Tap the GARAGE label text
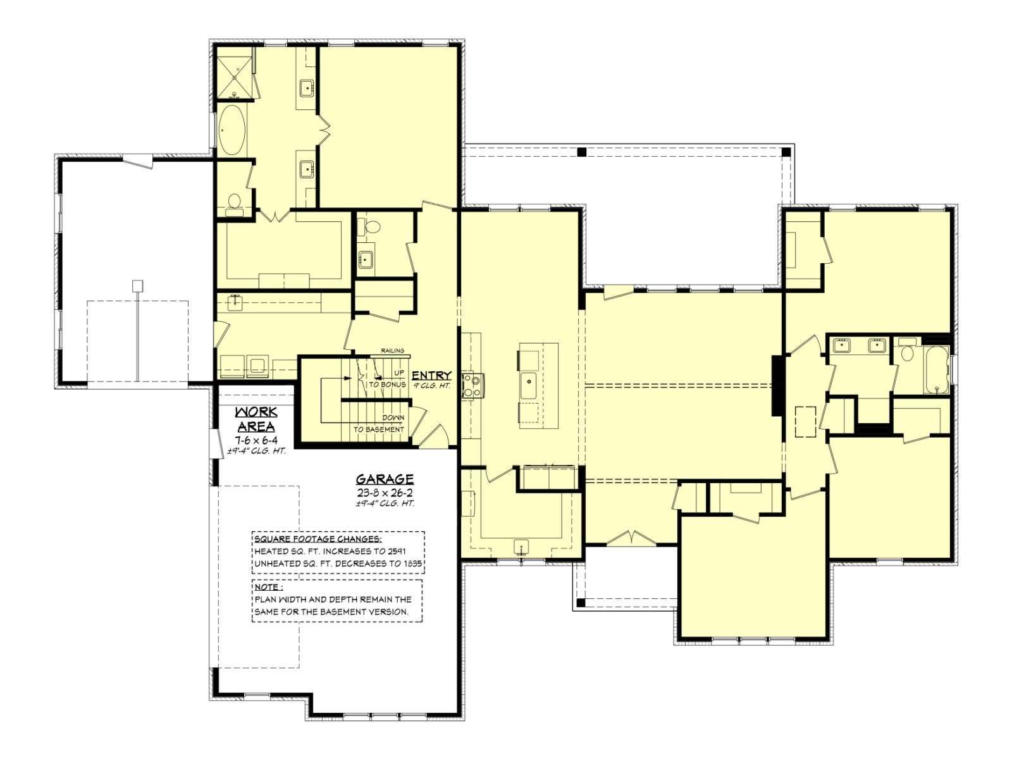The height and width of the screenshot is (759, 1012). (x=385, y=479)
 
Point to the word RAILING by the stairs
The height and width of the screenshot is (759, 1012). (x=392, y=350)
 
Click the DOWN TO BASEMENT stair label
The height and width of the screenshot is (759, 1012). (x=379, y=424)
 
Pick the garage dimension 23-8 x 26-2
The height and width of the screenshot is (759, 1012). (x=385, y=491)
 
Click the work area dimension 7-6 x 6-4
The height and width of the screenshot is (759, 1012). (x=256, y=440)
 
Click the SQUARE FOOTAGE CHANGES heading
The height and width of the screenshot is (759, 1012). (x=318, y=539)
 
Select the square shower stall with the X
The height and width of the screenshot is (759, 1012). (x=235, y=77)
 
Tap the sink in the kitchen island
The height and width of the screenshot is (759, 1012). (x=528, y=386)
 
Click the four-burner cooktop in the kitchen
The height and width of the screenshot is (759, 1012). (x=471, y=385)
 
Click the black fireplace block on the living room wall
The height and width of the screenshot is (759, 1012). (x=777, y=385)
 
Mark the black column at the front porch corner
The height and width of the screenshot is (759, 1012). (x=581, y=602)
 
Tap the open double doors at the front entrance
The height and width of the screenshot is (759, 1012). (x=631, y=538)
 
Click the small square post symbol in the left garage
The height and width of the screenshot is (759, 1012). (x=137, y=286)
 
